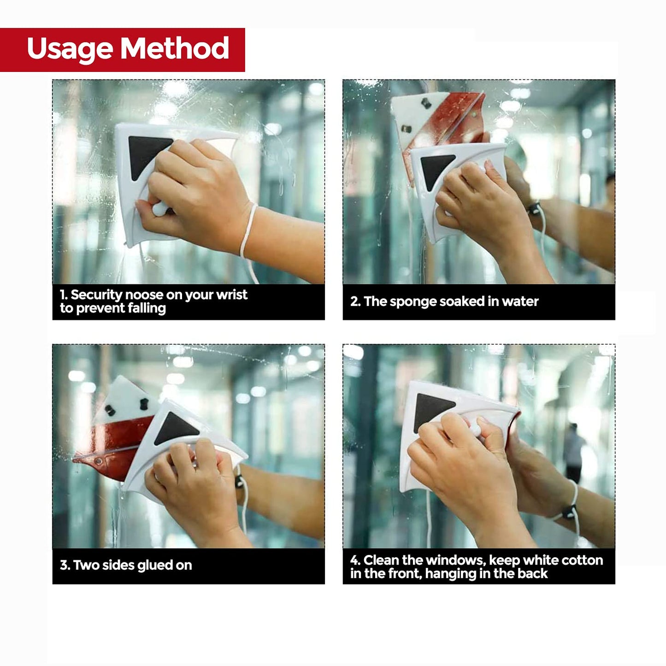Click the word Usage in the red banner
[70, 49]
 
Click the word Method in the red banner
[175, 47]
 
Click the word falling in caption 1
[147, 308]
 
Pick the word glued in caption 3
[155, 566]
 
